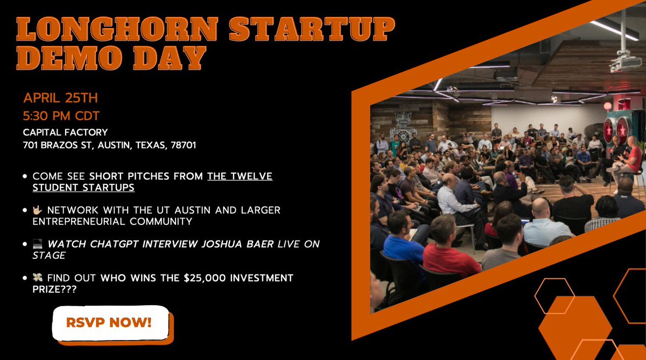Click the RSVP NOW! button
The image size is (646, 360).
[x=110, y=323]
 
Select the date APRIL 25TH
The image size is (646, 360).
[x=60, y=98]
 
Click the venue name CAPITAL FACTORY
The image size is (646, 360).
[x=65, y=132]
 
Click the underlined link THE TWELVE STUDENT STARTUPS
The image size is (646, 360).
[x=161, y=181]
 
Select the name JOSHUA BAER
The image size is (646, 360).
[x=237, y=244]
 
